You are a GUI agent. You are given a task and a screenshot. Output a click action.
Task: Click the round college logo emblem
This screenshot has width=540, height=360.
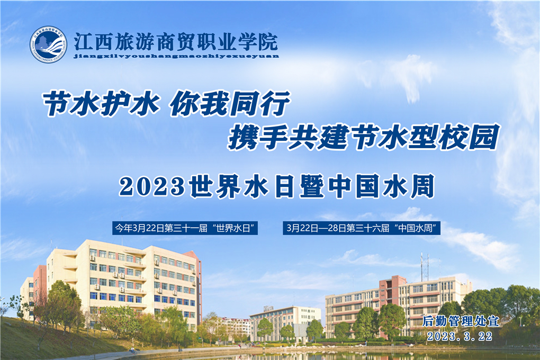tap(48, 45)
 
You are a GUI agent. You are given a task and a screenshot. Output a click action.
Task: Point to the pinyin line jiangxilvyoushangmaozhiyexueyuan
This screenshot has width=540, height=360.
tap(176, 55)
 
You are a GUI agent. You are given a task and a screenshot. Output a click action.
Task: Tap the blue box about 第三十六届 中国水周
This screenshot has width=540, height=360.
tap(364, 228)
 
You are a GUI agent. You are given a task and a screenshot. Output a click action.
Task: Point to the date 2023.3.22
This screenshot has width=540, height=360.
tap(460, 336)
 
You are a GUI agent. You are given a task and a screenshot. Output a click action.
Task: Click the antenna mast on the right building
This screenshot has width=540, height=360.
tap(422, 267)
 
